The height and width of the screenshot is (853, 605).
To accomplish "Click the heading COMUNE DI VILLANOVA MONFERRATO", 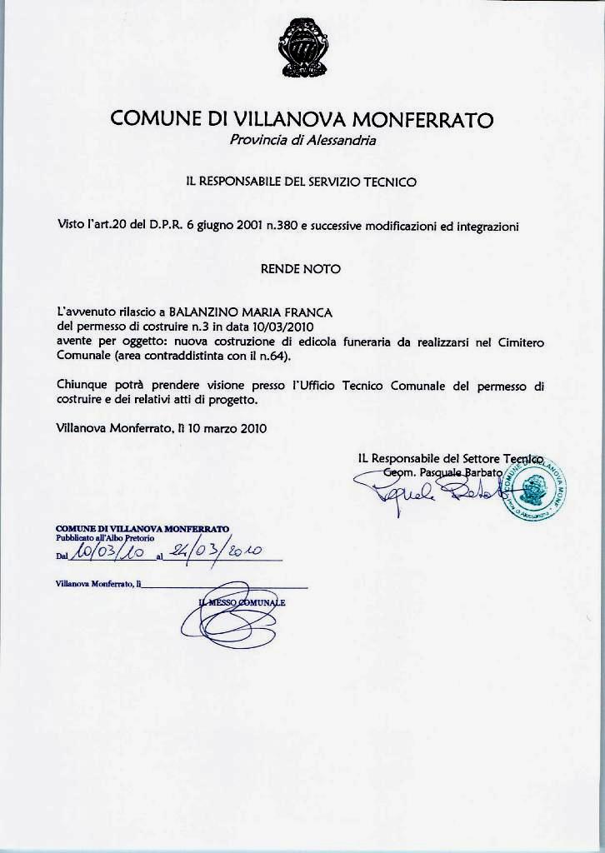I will tap(302, 119).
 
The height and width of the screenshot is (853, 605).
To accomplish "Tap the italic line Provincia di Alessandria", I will tap(302, 140).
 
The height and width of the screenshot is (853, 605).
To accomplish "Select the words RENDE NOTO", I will tap(301, 269).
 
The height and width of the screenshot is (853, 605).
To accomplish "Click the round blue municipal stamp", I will tap(533, 487).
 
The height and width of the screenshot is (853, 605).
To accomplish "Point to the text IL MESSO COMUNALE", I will tap(242, 602).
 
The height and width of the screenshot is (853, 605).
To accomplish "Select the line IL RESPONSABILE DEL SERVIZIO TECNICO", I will tap(301, 181).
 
